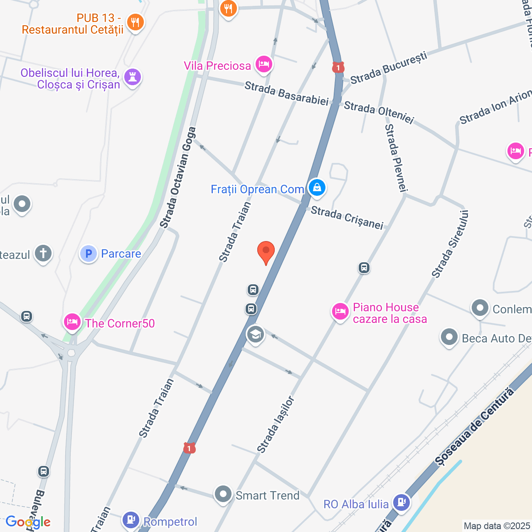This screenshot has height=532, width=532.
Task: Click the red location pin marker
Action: point(266,251)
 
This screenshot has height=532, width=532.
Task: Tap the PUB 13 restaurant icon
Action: point(135,22)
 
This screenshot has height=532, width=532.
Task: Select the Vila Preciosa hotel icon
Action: point(264,64)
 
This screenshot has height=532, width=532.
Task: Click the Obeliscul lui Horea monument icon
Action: point(133,77)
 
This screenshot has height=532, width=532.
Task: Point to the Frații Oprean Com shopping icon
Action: point(317,187)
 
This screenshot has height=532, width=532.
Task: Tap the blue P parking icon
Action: point(88,254)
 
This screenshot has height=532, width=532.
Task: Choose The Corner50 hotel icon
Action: point(72,322)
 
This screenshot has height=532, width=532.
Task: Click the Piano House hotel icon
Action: point(340,311)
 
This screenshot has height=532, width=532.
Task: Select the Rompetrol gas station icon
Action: point(131,519)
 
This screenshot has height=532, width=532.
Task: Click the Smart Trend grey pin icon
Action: point(223,494)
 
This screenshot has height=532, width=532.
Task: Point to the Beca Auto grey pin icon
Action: point(449,337)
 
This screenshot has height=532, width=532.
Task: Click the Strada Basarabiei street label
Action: point(286,94)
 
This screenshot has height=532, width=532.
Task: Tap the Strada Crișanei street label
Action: point(347,218)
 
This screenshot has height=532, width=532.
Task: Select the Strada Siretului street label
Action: point(450,244)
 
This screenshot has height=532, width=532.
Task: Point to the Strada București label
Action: point(389,68)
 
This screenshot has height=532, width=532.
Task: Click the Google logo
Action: point(28,522)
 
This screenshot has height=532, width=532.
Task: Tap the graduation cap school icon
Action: point(255,334)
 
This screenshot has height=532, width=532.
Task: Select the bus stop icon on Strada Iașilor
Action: point(364,268)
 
